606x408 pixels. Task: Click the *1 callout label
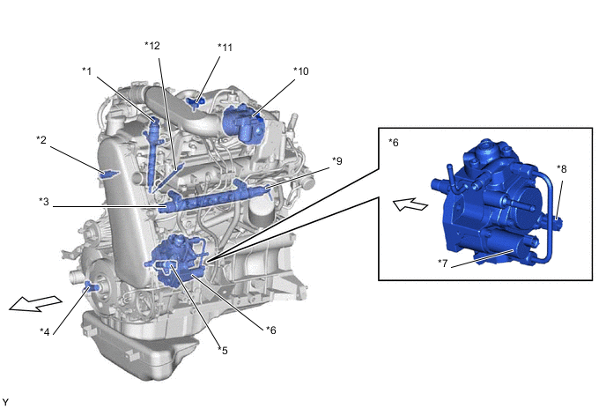click(87, 71)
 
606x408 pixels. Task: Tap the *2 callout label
click(41, 139)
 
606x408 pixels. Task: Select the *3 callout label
click(44, 202)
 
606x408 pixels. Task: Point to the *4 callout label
click(45, 332)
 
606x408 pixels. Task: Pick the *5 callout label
click(223, 351)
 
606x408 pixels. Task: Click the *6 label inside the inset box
click(394, 143)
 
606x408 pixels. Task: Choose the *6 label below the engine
click(271, 330)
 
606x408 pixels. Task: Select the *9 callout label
click(337, 161)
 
